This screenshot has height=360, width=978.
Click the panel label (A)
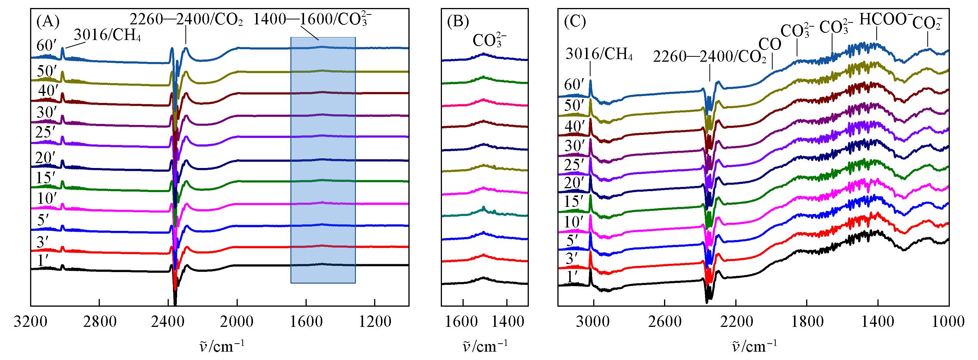[x=48, y=22]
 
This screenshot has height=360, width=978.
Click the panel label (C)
[x=574, y=22]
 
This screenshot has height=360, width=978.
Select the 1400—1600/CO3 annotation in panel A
[x=312, y=20]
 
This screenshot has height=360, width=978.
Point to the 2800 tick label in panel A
[x=99, y=322]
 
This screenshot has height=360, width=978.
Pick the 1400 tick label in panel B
[x=506, y=322]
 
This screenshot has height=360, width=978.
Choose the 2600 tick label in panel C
[x=664, y=322]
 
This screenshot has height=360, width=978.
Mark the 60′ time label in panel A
[x=47, y=45]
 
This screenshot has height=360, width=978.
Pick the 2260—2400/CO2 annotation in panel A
[x=186, y=20]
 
